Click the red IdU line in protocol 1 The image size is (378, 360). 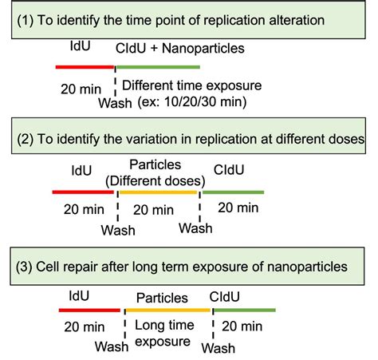[85, 67]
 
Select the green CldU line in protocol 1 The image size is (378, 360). [158, 67]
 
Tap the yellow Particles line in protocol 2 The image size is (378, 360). [158, 192]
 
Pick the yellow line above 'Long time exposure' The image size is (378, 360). [167, 311]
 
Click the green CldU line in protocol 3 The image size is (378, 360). [245, 310]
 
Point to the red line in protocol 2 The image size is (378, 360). [83, 192]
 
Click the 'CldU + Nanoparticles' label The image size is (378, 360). [180, 49]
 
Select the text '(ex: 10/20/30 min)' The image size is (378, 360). [192, 102]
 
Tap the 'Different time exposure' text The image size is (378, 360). [191, 85]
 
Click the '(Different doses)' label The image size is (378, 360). [156, 181]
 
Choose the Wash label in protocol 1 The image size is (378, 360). [115, 103]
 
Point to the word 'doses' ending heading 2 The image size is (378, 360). [347, 139]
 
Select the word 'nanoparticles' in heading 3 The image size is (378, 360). [307, 267]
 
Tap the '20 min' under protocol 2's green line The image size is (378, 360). [238, 208]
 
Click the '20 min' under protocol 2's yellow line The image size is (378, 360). [153, 210]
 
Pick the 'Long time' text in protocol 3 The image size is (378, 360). [164, 326]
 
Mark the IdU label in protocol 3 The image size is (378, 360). [79, 296]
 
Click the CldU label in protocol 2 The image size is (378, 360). [229, 170]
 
